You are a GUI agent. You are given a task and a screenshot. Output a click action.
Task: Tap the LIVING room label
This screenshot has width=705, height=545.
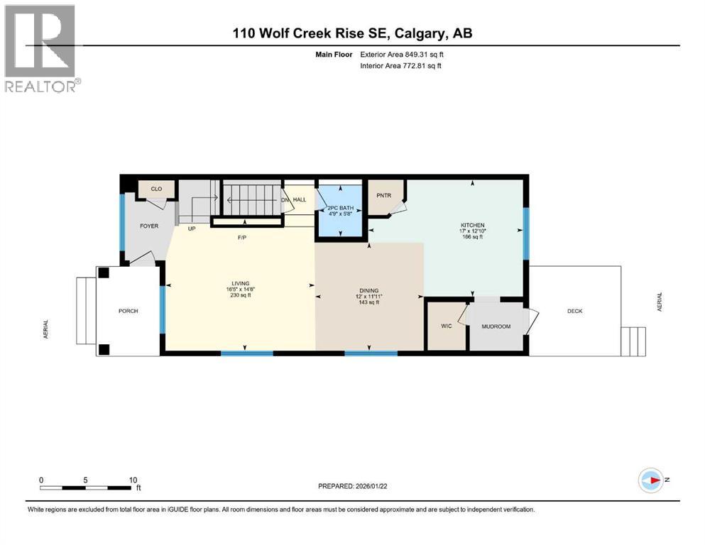(x=239, y=283)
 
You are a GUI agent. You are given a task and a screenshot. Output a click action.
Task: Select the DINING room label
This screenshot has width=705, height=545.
(x=368, y=290)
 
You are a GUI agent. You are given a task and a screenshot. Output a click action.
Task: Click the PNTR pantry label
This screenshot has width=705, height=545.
(x=384, y=197)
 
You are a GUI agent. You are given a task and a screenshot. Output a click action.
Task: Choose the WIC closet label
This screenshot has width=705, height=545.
(x=447, y=326)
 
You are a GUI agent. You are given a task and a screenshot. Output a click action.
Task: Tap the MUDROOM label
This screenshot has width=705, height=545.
(x=496, y=326)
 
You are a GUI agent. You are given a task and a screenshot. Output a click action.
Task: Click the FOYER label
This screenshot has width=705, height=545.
(x=148, y=226)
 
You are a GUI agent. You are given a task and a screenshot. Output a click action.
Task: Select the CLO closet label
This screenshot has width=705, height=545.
(x=156, y=189)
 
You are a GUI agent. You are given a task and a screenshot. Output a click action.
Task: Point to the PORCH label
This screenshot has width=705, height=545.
(x=129, y=311)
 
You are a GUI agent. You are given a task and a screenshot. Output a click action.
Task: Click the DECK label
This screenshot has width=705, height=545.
(x=574, y=311)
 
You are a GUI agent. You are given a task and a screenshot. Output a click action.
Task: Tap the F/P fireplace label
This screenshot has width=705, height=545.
(x=242, y=238)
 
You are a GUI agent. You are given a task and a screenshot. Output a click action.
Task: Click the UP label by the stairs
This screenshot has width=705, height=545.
(x=192, y=229)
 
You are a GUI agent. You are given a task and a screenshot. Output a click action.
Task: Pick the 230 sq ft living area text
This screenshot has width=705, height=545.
(x=239, y=295)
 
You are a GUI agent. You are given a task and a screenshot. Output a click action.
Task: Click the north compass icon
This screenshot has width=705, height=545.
(x=651, y=480)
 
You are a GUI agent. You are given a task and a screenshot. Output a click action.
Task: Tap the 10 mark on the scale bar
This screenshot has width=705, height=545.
(x=133, y=480)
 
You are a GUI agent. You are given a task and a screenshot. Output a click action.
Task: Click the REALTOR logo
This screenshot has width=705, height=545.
(x=41, y=48)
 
